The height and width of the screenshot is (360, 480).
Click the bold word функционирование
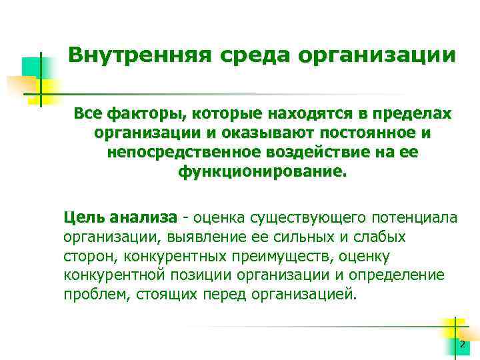[x=263, y=172]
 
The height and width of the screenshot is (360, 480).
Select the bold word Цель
[x=84, y=217]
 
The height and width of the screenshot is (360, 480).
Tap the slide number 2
[x=461, y=344]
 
